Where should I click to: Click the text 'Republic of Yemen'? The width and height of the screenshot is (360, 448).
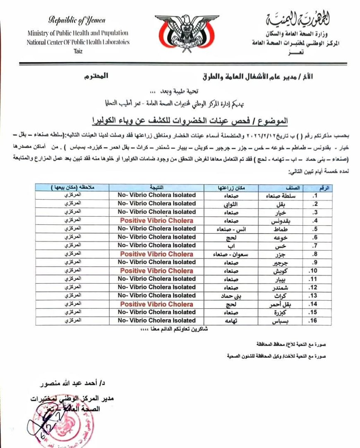[x=77, y=20]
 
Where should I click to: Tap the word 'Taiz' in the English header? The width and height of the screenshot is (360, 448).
[x=77, y=49]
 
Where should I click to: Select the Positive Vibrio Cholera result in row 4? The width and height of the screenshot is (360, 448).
[x=156, y=221]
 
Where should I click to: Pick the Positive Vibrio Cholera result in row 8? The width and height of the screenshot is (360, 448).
[x=156, y=254]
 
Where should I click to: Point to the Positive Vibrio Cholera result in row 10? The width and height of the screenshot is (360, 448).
[x=156, y=271]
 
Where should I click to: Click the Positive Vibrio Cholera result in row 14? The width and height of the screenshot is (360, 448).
[x=156, y=304]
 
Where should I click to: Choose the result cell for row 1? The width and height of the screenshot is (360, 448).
[x=156, y=195]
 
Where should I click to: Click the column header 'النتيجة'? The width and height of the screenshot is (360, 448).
[x=156, y=188]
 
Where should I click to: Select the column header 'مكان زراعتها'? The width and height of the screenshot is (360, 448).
[x=233, y=188]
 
